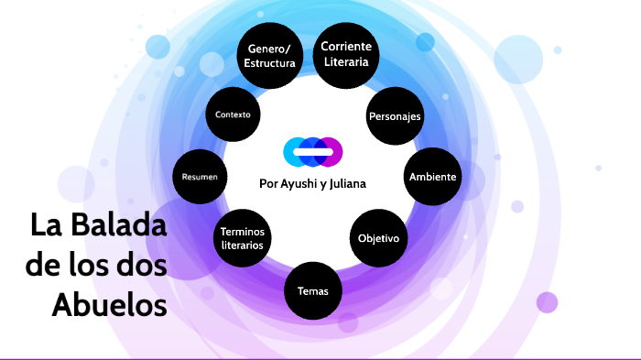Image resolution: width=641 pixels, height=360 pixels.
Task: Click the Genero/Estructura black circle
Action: click(x=269, y=56)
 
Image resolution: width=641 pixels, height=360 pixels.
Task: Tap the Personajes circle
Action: click(x=394, y=117)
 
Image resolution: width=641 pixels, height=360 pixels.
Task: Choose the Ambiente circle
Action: click(x=433, y=176)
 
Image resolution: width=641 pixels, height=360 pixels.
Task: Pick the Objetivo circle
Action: click(x=378, y=238)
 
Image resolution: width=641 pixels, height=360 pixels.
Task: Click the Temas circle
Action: click(x=313, y=291)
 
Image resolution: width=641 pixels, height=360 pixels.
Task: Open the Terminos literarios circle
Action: click(x=243, y=238)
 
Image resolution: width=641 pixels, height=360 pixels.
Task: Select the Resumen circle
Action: click(x=200, y=176)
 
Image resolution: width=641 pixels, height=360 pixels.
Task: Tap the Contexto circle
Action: click(x=233, y=115)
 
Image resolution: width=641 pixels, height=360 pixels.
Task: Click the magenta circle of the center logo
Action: click(x=330, y=151)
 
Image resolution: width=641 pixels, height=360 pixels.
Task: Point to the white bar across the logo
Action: click(x=312, y=151)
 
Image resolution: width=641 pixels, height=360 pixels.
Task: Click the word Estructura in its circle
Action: click(x=269, y=63)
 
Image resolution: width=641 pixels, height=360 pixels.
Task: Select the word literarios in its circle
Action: click(x=243, y=245)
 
